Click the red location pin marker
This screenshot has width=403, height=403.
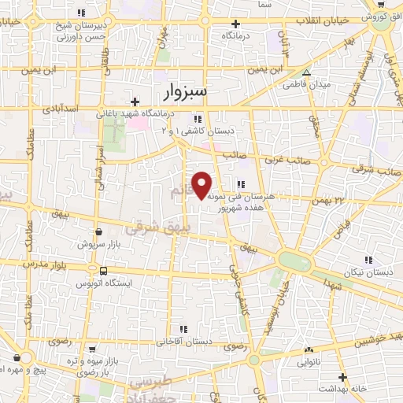point(202,185)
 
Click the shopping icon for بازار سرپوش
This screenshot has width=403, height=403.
point(98,232)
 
